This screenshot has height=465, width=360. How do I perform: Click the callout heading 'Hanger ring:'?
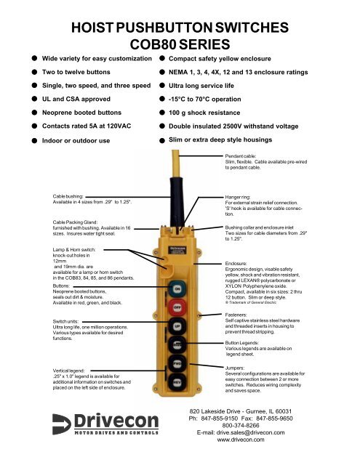tap(239, 196)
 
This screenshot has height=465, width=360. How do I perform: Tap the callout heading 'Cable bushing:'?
tap(73, 196)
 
